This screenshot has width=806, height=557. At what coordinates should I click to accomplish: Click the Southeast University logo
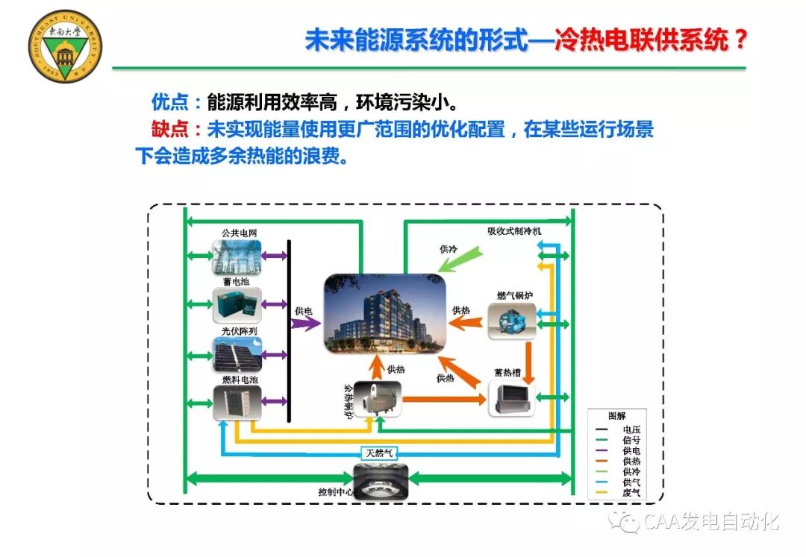(x=65, y=46)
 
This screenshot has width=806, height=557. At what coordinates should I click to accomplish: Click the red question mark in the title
(x=740, y=40)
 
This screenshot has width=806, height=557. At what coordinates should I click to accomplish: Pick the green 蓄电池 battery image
(x=238, y=304)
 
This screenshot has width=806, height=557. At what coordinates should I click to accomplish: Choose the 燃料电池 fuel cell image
(x=238, y=403)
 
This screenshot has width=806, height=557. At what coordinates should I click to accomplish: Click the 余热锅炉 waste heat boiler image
(x=377, y=399)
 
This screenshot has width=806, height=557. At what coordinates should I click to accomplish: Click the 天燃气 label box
(x=381, y=453)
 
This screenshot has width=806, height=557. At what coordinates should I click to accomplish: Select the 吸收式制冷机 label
(x=515, y=231)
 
